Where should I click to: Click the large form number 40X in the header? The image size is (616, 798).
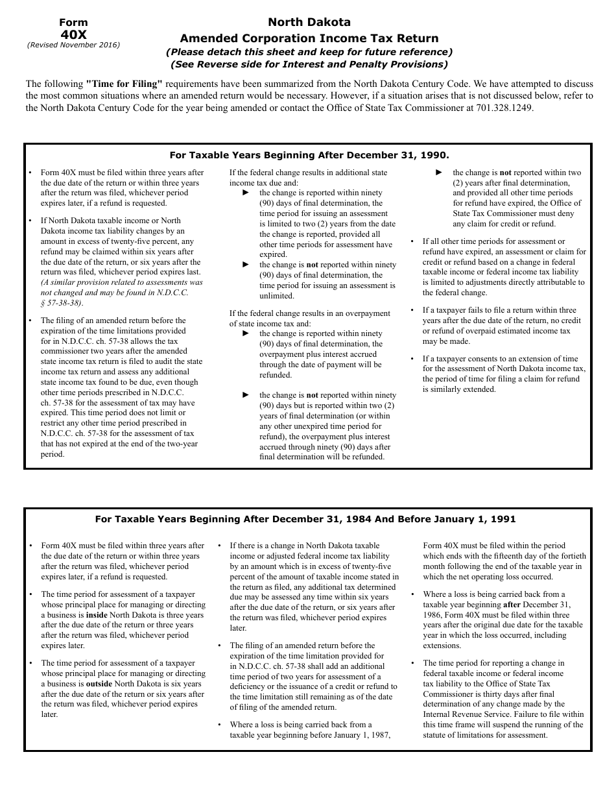click(73, 34)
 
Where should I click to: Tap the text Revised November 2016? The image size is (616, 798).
click(73, 45)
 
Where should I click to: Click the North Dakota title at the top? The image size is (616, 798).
click(309, 22)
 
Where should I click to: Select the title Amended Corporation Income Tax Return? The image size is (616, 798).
click(309, 38)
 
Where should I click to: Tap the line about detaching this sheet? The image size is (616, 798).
click(309, 52)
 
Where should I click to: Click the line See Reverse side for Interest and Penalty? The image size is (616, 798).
click(309, 64)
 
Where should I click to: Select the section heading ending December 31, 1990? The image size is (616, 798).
click(309, 155)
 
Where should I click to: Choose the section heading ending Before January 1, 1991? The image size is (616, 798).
click(305, 519)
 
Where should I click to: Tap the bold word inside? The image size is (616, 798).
click(97, 614)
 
